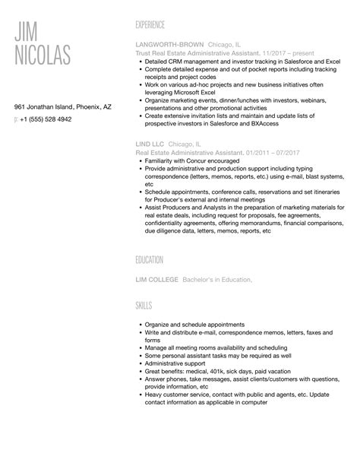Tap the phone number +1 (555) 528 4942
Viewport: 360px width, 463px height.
[46, 119]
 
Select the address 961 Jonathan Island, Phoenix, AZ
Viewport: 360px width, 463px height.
[63, 107]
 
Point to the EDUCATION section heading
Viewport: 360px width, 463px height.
[149, 259]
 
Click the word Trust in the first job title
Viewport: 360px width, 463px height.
[142, 54]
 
